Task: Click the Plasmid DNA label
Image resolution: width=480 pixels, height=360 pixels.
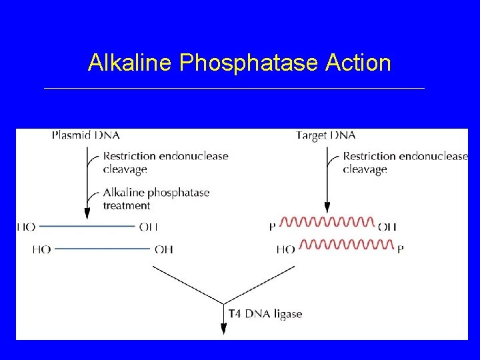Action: (85, 135)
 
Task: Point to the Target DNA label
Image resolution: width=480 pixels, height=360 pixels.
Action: (326, 135)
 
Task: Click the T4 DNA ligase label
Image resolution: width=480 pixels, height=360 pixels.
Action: (265, 314)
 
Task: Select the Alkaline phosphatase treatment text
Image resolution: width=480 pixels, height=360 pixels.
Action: (156, 199)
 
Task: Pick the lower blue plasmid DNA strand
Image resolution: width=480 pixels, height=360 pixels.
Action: (102, 249)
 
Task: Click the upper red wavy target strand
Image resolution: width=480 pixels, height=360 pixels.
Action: (327, 222)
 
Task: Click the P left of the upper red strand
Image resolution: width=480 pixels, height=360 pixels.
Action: (272, 227)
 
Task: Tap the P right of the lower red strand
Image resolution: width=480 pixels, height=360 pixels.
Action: (400, 249)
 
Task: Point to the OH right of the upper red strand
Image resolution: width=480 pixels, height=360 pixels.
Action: (387, 227)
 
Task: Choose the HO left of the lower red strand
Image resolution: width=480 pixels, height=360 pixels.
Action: (285, 249)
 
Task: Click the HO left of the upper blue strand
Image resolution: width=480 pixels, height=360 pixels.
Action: (26, 227)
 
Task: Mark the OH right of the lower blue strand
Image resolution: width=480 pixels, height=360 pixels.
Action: (163, 249)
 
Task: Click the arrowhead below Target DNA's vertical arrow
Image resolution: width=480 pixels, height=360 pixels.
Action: (327, 207)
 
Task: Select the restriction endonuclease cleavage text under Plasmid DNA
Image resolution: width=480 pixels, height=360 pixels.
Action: (165, 163)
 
